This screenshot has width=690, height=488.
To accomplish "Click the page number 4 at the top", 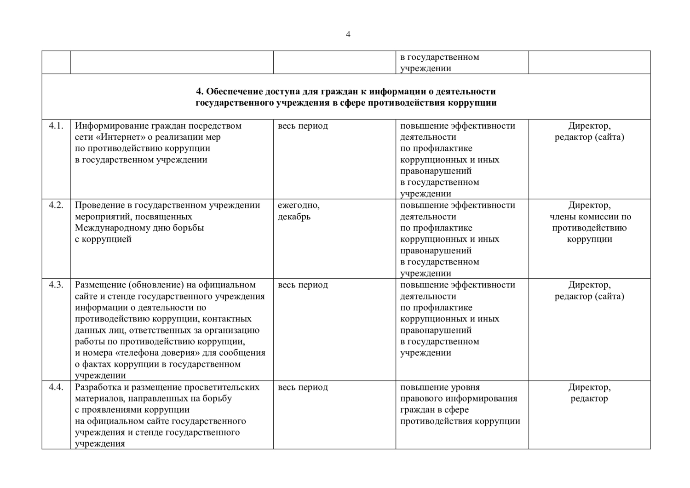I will coord(348,34).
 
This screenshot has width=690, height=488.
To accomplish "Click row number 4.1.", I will coord(56,126).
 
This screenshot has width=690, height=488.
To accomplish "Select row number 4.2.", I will coord(56,206).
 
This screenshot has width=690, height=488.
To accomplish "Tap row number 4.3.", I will coord(56,285).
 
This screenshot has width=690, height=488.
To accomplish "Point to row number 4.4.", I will coord(56,387).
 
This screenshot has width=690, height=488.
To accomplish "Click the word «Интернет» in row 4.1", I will coord(121,137).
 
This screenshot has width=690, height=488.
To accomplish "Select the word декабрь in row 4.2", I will coord(294,217).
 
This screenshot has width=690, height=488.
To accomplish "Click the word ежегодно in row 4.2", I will coord(299,206).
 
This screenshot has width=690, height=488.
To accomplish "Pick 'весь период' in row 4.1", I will coord(303,126).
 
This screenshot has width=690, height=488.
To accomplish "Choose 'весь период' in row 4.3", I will coord(303,285).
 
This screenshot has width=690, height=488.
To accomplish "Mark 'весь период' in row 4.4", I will coord(303,387).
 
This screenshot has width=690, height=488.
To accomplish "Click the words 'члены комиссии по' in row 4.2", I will coord(590,217).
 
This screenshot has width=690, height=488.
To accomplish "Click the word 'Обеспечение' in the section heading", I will coord(234,92).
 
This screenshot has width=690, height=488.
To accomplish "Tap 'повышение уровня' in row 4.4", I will coord(440,387).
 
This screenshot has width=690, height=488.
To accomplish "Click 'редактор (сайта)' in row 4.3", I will coord(589,297).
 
